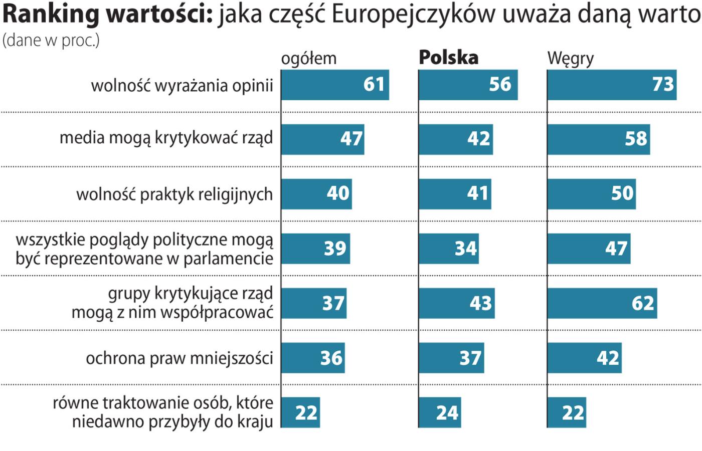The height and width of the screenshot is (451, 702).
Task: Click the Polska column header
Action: pyautogui.click(x=448, y=58)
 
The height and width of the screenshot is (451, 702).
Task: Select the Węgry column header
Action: pyautogui.click(x=570, y=59)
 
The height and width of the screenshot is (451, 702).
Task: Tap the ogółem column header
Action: pyautogui.click(x=308, y=59)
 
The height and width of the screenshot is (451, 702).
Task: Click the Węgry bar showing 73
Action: pyautogui.click(x=612, y=85)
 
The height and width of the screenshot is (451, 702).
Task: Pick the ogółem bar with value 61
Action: pyautogui.click(x=335, y=85)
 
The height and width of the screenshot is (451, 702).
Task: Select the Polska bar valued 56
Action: pyautogui.click(x=468, y=85)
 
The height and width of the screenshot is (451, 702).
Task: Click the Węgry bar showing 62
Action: pyautogui.click(x=602, y=303)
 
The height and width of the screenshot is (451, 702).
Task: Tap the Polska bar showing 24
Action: pyautogui.click(x=440, y=412)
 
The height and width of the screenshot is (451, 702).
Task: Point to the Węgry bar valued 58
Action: pyautogui.click(x=598, y=139)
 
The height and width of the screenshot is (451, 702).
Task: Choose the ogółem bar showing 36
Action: pyautogui.click(x=313, y=358)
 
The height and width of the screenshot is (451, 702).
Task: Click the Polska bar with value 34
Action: pyautogui.click(x=449, y=249)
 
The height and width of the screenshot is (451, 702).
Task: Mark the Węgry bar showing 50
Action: pyautogui.click(x=591, y=193)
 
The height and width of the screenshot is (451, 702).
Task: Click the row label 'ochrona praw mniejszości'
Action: pyautogui.click(x=180, y=358)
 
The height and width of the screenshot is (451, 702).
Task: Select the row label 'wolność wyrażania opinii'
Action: pyautogui.click(x=182, y=85)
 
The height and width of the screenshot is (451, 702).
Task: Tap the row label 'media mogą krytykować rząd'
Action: pyautogui.click(x=166, y=138)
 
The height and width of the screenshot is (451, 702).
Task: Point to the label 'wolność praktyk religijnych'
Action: pyautogui.click(x=174, y=194)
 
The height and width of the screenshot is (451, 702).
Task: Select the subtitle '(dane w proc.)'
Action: pyautogui.click(x=51, y=40)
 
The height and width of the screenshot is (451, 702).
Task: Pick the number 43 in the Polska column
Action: pyautogui.click(x=481, y=303)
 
